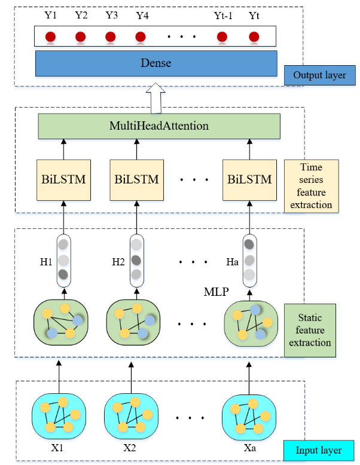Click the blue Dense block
[155, 63]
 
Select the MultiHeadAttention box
[159, 126]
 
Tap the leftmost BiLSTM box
[63, 179]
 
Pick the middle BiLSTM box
[136, 179]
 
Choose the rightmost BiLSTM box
[249, 179]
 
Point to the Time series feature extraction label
[311, 186]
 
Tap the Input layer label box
[319, 450]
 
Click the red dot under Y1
[51, 37]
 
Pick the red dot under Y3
[111, 37]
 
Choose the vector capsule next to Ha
[249, 261]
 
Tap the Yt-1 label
[222, 16]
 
